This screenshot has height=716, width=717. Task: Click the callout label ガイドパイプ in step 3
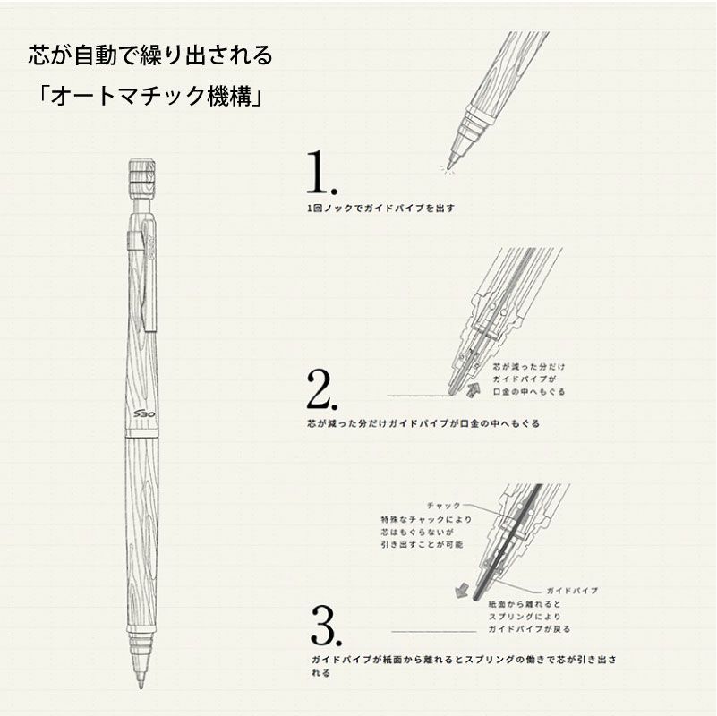click(571, 592)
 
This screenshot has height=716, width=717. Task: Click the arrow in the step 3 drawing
click(463, 589)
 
